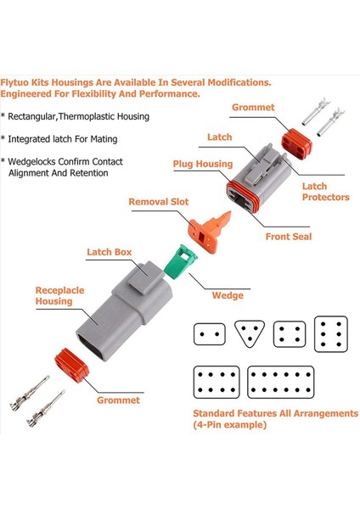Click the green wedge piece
click(180, 261)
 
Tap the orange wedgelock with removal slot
click(209, 232)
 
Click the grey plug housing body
click(259, 180)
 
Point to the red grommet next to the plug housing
click(296, 143)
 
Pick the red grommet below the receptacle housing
click(71, 366)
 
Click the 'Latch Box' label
click(110, 252)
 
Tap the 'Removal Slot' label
click(159, 202)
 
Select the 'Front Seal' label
click(289, 237)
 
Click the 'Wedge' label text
click(228, 295)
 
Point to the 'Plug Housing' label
click(203, 164)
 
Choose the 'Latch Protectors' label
click(325, 192)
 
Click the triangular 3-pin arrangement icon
click(250, 333)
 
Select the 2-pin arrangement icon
click(210, 334)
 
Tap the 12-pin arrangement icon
click(281, 382)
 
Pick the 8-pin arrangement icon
click(217, 382)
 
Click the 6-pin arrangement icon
click(331, 334)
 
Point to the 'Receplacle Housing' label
click(59, 296)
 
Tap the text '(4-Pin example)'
click(230, 425)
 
